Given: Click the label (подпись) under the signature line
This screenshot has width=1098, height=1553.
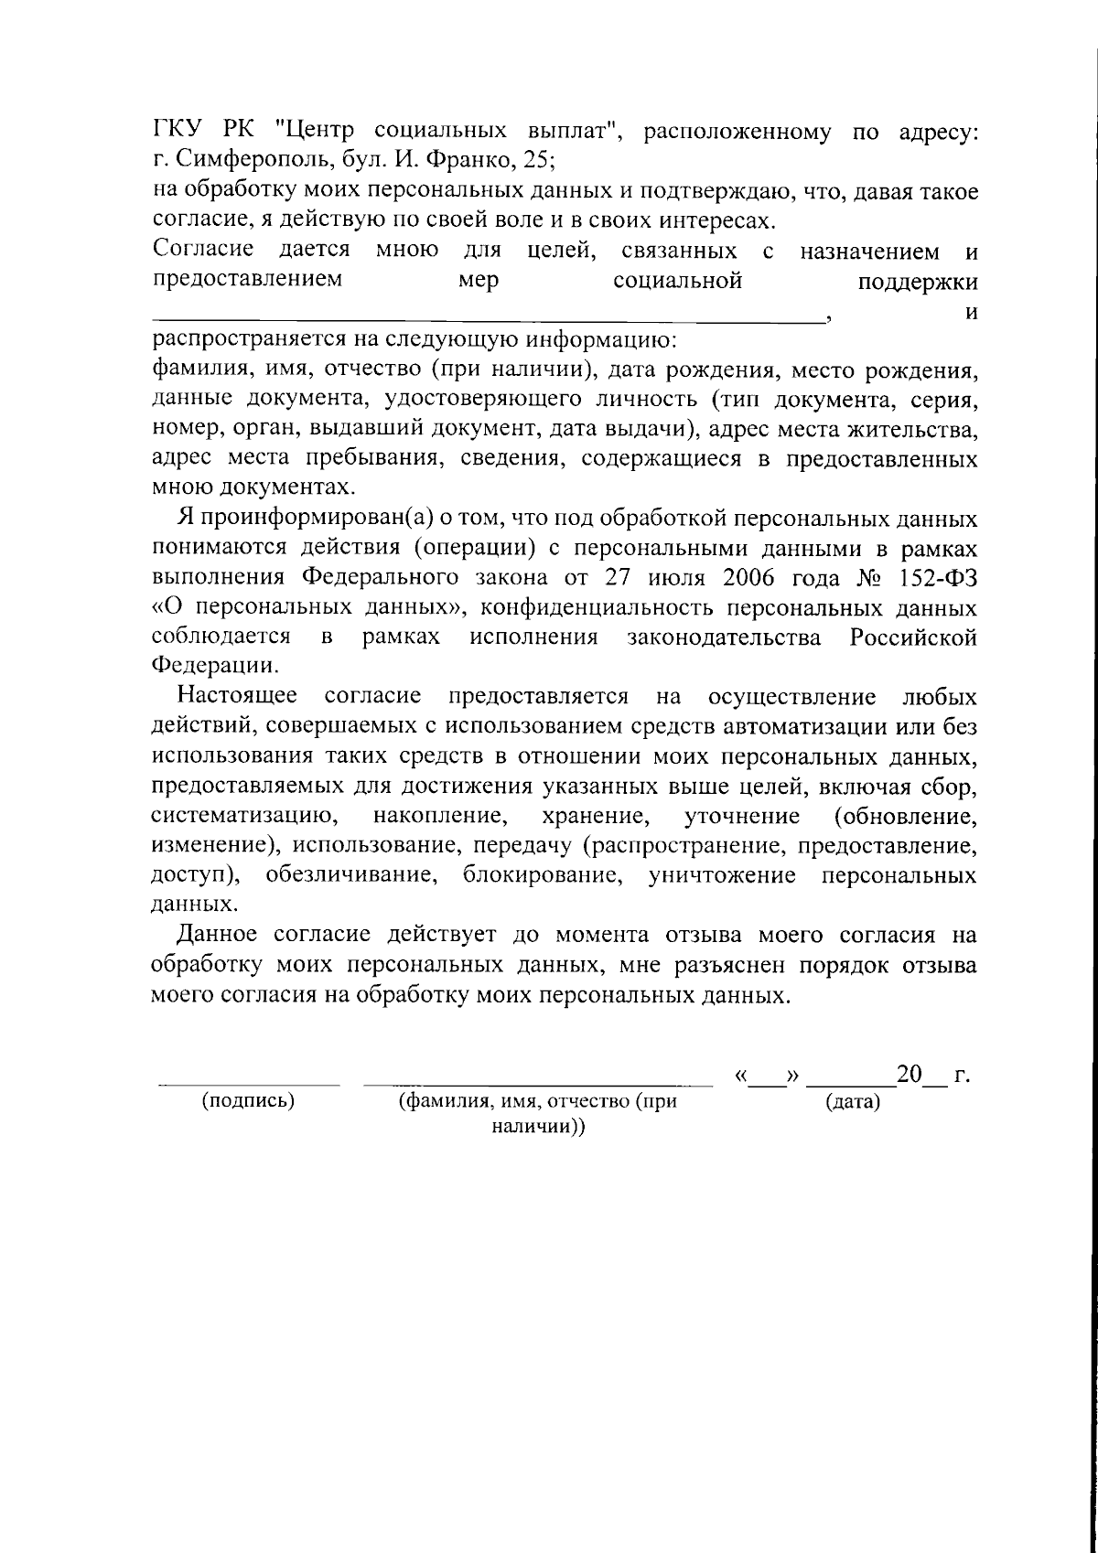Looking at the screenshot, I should [248, 1101].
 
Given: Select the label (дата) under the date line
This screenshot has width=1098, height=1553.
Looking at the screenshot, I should [852, 1103].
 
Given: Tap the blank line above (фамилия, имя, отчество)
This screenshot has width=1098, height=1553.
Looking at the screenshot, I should [538, 1085].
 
